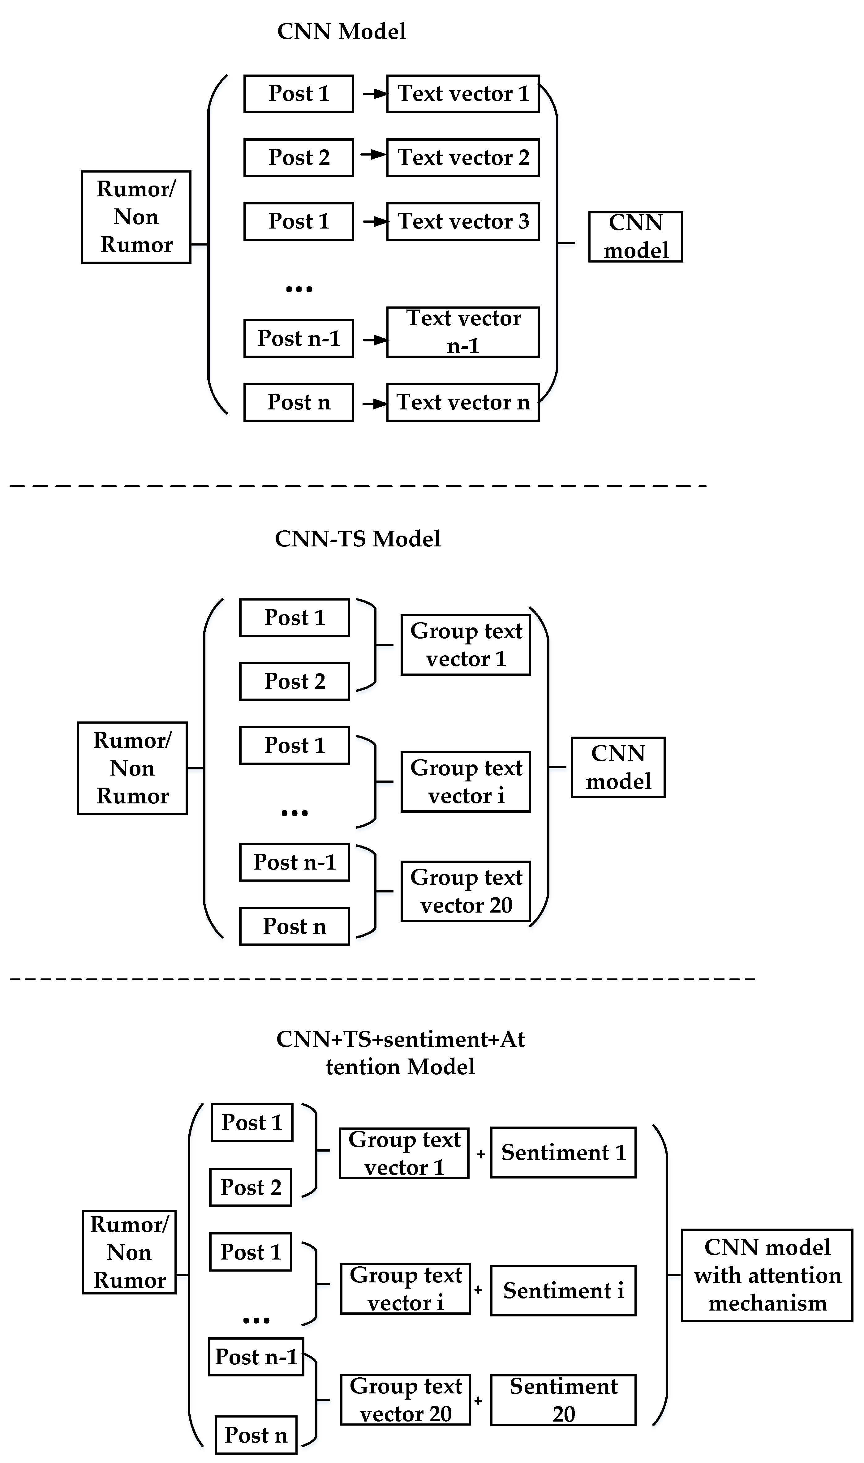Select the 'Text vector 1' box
463,94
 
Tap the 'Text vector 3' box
463,221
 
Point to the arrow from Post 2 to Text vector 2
373,155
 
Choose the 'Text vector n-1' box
463,332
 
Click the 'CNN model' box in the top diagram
635,237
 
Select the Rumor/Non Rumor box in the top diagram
136,217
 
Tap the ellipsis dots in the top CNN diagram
299,289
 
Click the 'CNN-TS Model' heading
358,539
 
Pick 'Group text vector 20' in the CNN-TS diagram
466,891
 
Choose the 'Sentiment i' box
563,1290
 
